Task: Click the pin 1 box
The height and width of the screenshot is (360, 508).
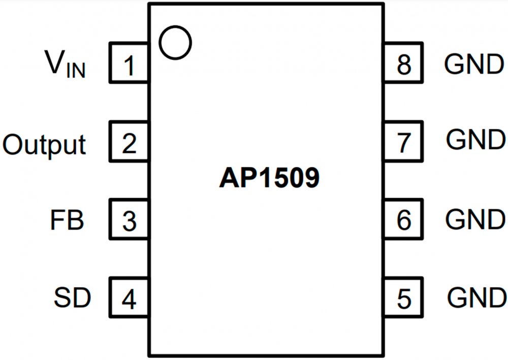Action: (129, 63)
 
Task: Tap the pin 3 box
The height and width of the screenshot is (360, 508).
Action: (129, 220)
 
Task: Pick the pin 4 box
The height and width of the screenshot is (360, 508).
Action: (129, 299)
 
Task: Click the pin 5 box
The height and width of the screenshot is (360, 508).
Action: (404, 299)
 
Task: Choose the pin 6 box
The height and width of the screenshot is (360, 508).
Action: (404, 220)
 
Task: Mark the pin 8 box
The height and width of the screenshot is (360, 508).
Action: (404, 63)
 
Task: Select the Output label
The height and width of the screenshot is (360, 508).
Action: (44, 144)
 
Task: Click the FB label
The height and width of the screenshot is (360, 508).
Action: (67, 220)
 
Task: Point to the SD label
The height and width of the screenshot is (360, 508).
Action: (72, 299)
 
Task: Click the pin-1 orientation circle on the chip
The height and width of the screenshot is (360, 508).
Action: (175, 43)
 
